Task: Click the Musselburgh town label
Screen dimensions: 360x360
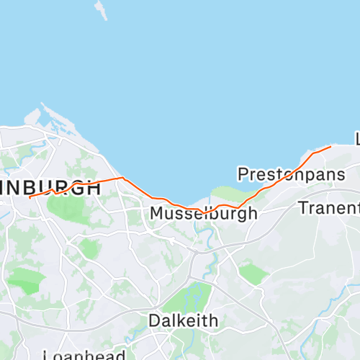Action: coord(203,214)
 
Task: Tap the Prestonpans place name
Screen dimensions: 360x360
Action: coord(291,174)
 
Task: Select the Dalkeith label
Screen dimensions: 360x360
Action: coord(183,320)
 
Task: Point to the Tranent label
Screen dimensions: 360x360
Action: coord(328,208)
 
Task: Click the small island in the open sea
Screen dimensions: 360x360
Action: coord(100,9)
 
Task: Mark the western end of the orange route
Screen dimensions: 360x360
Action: coord(30,197)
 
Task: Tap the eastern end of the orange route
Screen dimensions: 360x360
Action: coord(330,147)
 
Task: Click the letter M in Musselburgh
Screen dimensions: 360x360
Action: coord(157,214)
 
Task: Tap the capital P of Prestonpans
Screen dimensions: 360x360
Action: coord(243,174)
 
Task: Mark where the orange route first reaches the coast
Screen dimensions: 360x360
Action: coord(123,177)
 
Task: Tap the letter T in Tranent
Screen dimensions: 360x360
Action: coord(303,208)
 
